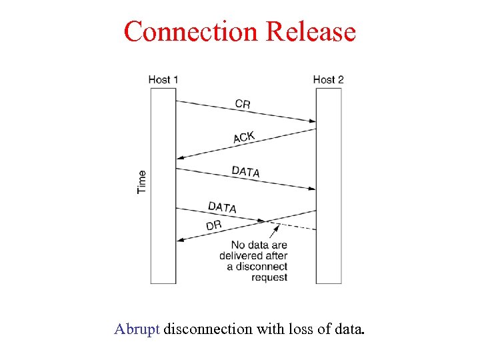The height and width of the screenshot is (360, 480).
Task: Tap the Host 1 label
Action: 163,80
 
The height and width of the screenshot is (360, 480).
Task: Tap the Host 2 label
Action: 328,80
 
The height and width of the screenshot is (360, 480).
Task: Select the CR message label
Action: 243,103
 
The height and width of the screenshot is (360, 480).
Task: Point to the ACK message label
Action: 244,137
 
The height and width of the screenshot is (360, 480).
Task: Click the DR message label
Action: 214,225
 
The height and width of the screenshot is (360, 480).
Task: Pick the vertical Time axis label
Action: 142,181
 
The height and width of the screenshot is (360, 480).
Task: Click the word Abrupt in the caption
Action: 137,329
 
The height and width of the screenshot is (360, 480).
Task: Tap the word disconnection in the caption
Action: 208,329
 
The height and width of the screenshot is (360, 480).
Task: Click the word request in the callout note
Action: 269,277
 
